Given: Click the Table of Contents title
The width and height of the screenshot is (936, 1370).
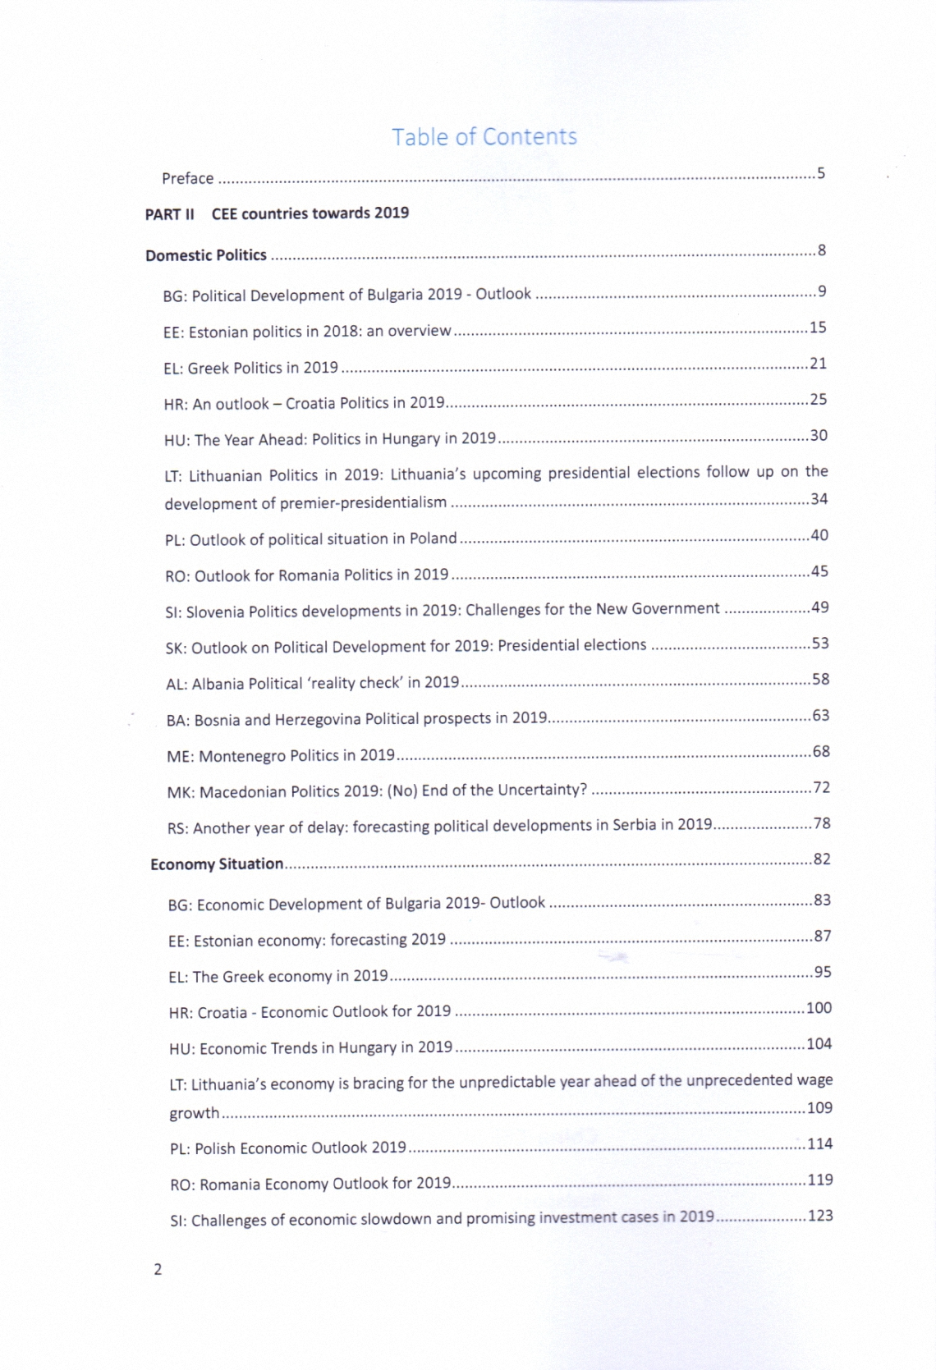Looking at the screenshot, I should coord(484,137).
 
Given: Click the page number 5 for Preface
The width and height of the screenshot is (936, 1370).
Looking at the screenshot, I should coord(821,173).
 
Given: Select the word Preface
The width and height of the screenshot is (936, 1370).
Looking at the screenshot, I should coord(187,178).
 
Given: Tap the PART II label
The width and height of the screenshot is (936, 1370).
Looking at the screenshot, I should coord(169,214).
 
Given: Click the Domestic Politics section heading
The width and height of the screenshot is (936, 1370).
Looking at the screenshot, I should coord(206,255).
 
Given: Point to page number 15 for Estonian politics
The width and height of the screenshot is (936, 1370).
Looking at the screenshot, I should coord(818,328).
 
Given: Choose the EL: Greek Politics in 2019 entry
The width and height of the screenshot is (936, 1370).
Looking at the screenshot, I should coord(250,368).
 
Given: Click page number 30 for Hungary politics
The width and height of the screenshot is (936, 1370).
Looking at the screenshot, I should coord(819,435).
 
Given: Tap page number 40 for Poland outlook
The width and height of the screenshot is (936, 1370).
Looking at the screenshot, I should coord(819,535).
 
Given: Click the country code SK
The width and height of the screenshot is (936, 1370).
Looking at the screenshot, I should coord(174,648).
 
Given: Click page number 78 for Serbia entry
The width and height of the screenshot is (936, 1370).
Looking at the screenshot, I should coord(822,823).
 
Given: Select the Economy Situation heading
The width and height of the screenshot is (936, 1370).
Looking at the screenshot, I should coord(217,864).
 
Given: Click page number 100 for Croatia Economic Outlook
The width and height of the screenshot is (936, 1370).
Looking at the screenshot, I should coord(819,1008).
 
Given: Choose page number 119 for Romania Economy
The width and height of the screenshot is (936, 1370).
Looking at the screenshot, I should coord(820,1180).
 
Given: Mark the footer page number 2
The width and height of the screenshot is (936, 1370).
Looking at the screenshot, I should coord(158,1269).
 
